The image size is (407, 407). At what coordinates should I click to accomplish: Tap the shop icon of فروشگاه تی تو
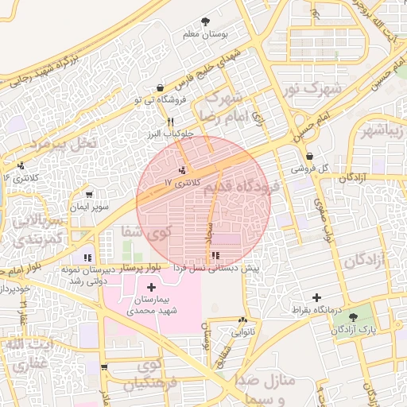161,88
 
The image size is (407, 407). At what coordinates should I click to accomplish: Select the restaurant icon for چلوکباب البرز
169,121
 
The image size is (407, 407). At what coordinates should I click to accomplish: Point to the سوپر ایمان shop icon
89,195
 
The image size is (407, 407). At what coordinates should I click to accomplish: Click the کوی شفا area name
146,232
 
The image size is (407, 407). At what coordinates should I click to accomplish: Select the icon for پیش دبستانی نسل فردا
215,256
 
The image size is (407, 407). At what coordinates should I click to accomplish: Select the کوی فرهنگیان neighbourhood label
153,375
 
